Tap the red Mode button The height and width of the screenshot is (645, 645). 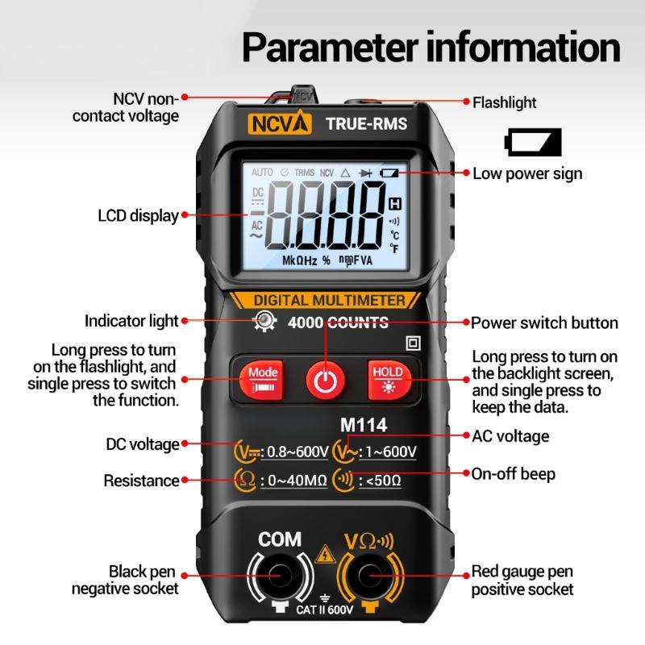click(261, 380)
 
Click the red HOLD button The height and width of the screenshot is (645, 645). click(389, 380)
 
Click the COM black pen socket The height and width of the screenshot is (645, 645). click(281, 576)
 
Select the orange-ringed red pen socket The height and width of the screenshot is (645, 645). click(370, 576)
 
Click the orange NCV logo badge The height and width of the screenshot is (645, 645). click(279, 123)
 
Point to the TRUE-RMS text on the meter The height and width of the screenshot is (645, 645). click(367, 123)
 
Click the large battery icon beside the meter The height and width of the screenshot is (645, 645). click(533, 142)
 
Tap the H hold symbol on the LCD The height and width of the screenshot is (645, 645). click(395, 204)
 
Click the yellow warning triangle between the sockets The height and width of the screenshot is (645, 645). click(325, 554)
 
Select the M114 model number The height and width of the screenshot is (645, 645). click(364, 425)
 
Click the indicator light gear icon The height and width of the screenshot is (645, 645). click(265, 320)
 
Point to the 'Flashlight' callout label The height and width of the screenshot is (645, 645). click(505, 102)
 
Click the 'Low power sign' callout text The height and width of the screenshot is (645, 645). click(527, 173)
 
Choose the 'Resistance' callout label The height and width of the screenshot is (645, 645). click(141, 481)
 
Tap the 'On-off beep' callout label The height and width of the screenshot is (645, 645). click(514, 474)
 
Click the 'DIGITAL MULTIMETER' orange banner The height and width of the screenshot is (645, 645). click(325, 300)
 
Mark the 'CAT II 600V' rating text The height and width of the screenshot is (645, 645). click(324, 610)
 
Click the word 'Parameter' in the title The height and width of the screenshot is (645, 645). click(331, 48)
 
